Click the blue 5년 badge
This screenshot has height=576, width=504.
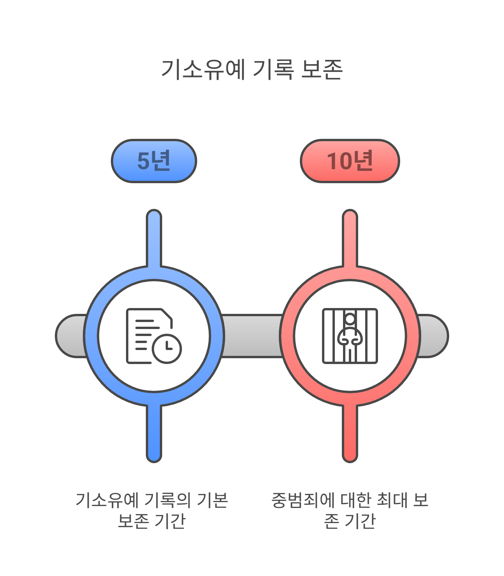[154, 161]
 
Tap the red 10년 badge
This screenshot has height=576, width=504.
[350, 161]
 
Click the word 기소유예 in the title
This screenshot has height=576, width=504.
[203, 70]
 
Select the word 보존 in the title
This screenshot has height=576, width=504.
[322, 70]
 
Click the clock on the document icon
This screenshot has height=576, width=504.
[167, 348]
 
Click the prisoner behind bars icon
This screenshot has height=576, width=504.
[350, 336]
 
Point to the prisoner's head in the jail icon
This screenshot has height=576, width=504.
[350, 319]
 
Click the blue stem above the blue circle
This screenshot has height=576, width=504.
[154, 237]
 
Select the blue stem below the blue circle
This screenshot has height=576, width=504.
[154, 434]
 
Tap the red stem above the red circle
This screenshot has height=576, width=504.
[350, 237]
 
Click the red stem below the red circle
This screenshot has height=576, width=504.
[350, 434]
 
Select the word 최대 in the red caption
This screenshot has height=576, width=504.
[390, 500]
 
